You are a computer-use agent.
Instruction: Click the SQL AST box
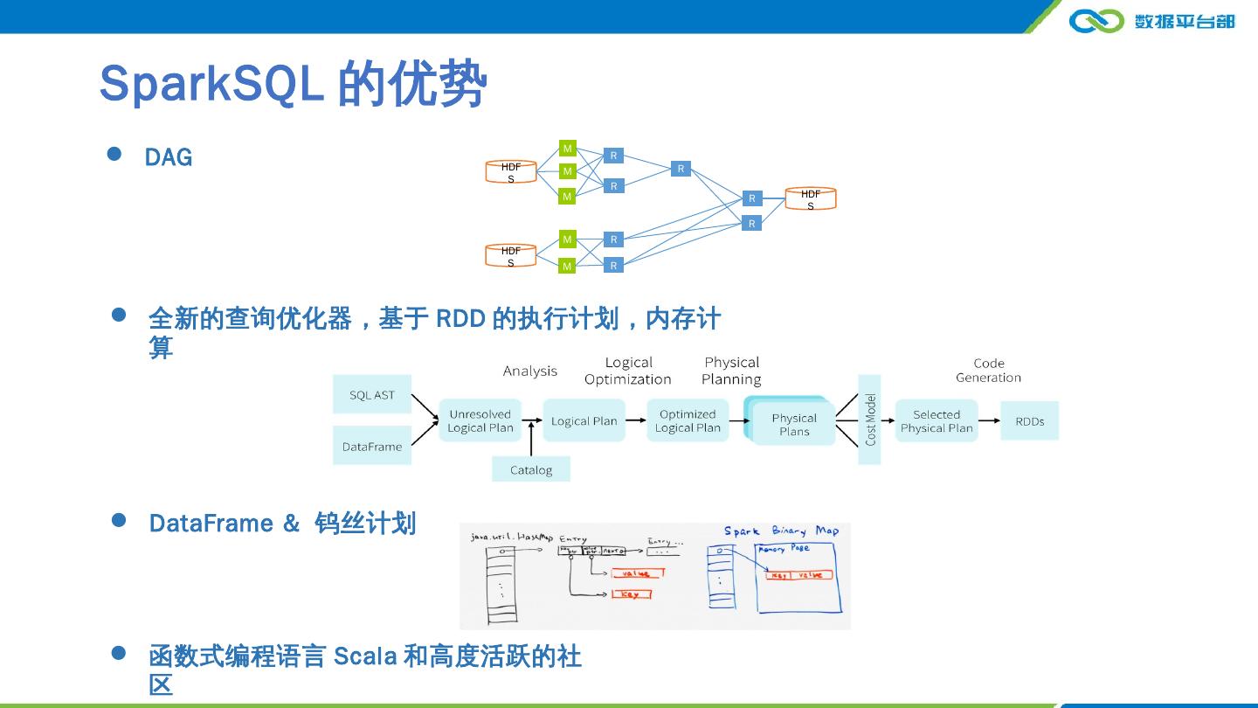(x=372, y=395)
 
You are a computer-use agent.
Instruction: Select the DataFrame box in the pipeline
(x=372, y=447)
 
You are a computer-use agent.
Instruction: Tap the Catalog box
(x=531, y=470)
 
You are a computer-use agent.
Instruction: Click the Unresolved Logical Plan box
(x=480, y=421)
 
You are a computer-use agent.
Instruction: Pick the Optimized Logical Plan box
(x=688, y=421)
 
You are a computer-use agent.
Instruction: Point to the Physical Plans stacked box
(x=793, y=424)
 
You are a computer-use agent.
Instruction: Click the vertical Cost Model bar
(x=870, y=420)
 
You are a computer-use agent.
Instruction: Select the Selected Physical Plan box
(x=936, y=421)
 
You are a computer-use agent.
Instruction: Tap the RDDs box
(x=1029, y=421)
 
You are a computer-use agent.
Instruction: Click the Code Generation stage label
(x=988, y=371)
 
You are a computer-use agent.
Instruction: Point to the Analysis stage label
(x=529, y=371)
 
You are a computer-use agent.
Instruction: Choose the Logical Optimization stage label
(x=628, y=371)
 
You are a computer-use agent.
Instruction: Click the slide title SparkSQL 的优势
(x=293, y=84)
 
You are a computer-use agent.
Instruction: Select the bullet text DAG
(x=169, y=157)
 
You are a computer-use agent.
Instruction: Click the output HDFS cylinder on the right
(x=810, y=199)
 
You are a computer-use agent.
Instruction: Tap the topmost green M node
(x=567, y=149)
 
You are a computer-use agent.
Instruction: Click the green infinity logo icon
(x=1096, y=20)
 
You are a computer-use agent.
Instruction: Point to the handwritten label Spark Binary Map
(x=781, y=531)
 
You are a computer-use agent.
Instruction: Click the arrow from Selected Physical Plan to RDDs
(x=989, y=421)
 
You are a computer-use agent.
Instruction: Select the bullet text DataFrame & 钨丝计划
(x=282, y=524)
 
